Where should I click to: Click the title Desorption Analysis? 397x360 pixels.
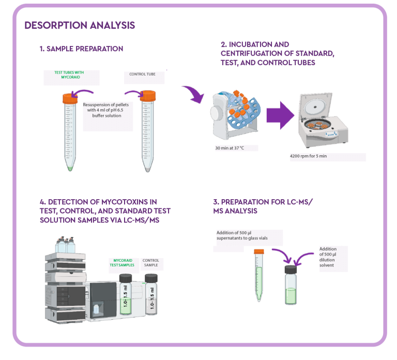(x=80, y=25)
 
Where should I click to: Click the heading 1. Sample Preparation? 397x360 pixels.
(x=81, y=49)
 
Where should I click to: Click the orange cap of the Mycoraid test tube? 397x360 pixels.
(x=70, y=98)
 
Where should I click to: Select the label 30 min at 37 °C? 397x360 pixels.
(x=229, y=148)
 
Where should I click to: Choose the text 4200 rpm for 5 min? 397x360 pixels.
(x=308, y=155)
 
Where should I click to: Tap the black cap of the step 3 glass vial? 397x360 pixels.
(x=291, y=269)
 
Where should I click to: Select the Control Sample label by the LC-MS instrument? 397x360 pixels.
(x=151, y=263)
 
